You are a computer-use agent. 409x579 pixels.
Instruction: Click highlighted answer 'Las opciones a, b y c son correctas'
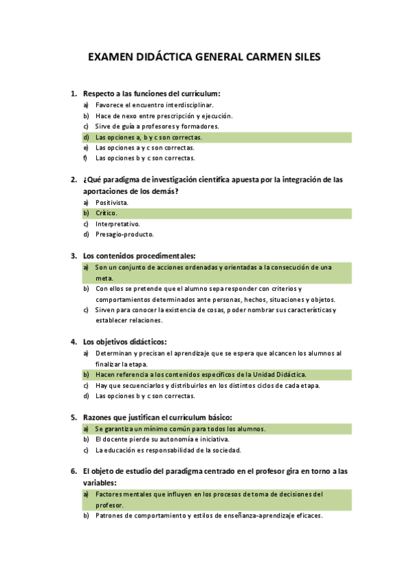click(148, 137)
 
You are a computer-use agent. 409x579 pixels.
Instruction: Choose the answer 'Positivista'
click(111, 203)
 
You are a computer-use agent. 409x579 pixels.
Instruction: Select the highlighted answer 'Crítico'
click(106, 213)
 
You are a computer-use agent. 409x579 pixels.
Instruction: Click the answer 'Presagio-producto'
click(124, 234)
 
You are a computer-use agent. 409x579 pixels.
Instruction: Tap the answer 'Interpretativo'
click(117, 224)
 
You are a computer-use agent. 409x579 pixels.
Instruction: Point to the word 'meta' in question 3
click(103, 278)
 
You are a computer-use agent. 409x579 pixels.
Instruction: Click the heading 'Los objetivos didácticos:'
click(125, 341)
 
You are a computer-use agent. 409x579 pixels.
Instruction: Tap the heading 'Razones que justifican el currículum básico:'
click(158, 417)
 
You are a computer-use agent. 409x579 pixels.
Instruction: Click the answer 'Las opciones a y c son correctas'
click(145, 147)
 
